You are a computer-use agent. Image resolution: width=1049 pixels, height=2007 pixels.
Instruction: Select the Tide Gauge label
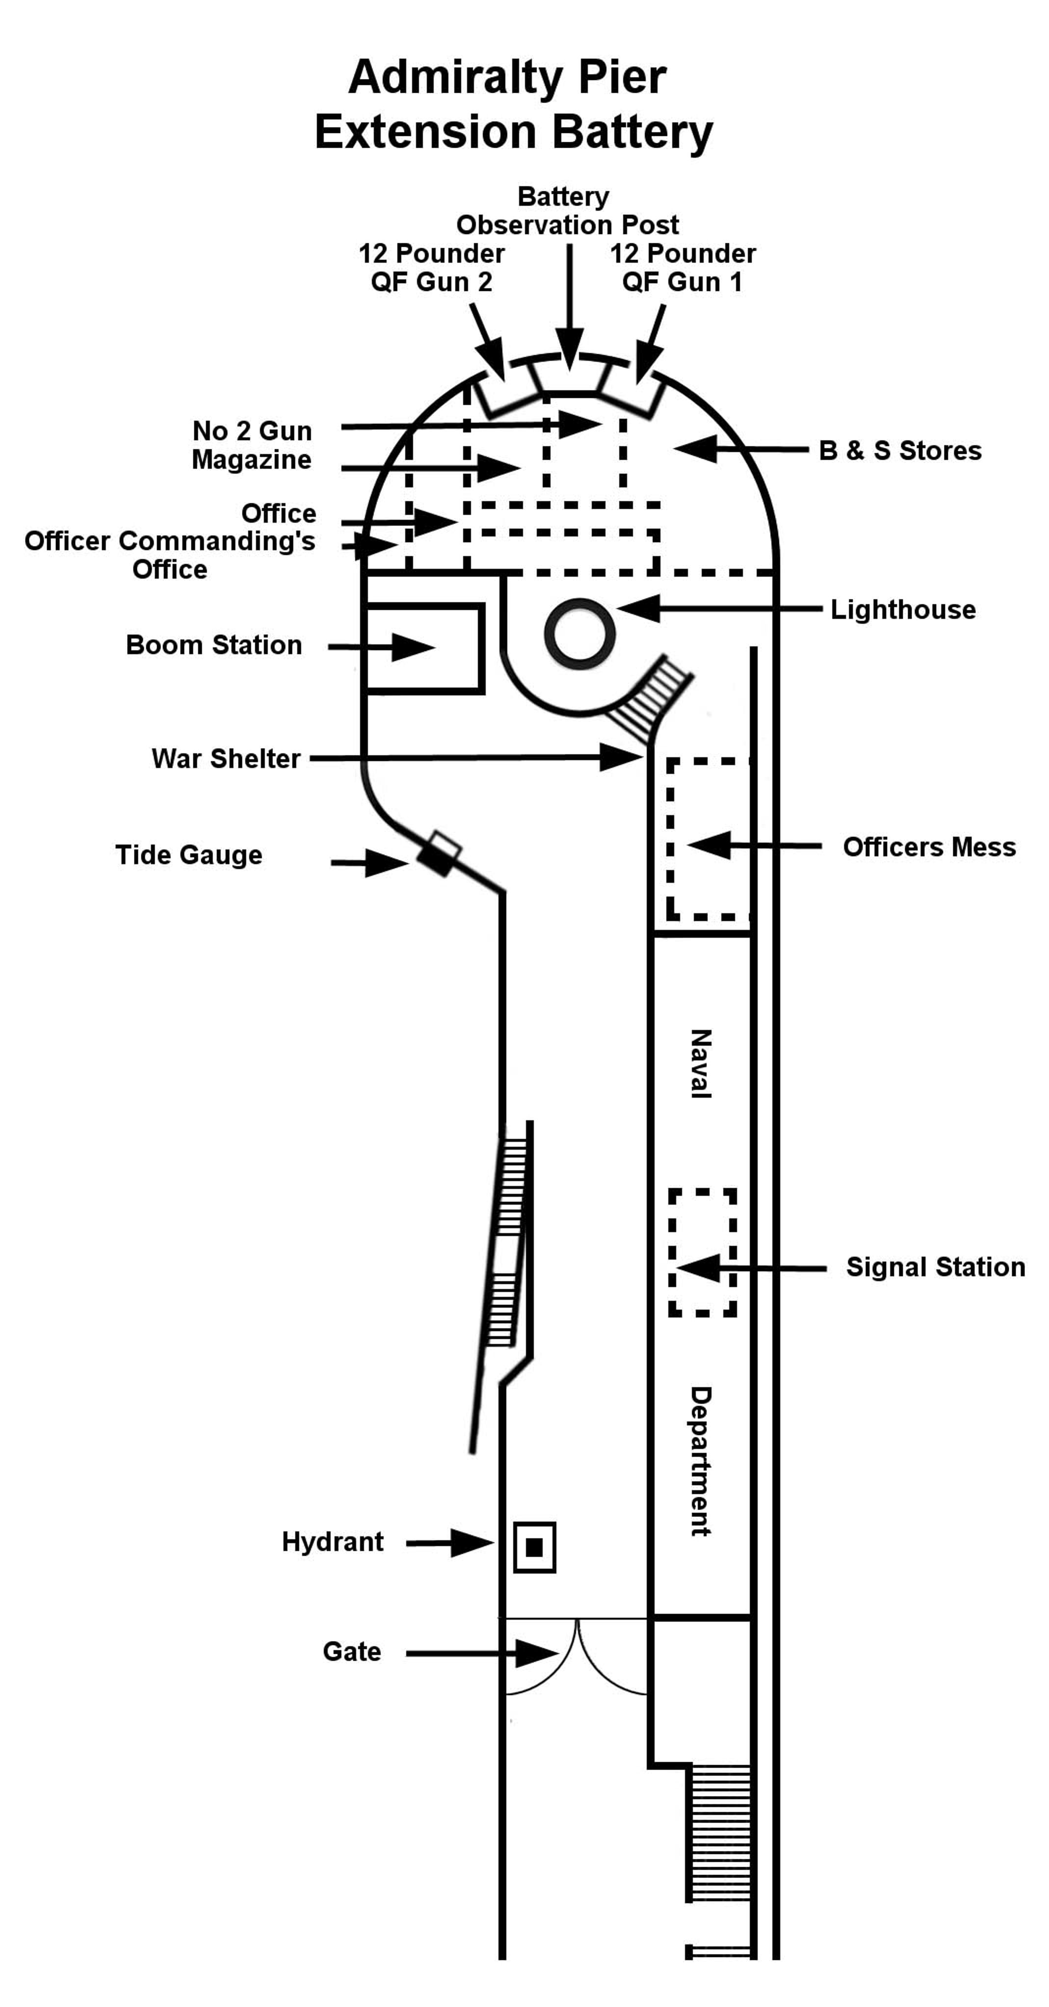click(188, 855)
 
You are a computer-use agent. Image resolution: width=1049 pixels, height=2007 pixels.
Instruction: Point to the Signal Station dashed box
click(702, 1252)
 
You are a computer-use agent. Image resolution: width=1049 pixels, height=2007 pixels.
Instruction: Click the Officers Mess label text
click(929, 847)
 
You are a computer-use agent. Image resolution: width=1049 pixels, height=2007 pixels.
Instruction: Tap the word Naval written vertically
click(701, 1063)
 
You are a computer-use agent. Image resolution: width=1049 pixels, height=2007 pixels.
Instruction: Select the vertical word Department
click(701, 1461)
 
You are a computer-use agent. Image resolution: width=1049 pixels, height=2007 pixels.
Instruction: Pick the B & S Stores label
click(899, 450)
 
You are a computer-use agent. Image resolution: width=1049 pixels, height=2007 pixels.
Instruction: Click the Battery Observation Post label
click(567, 210)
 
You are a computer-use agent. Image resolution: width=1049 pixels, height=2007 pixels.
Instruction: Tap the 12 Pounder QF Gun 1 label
click(682, 267)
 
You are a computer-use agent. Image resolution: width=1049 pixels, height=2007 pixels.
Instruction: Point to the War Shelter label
click(226, 758)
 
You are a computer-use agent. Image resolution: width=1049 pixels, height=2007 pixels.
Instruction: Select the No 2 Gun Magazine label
click(252, 445)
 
